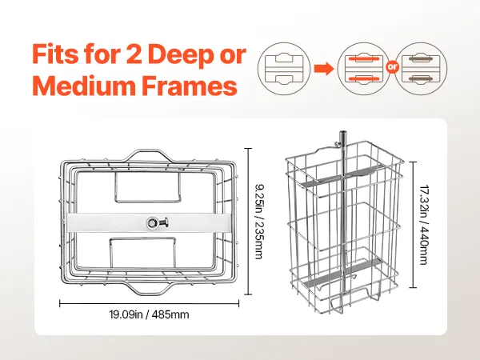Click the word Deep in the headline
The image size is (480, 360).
[x=182, y=54]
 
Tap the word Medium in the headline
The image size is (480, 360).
[x=83, y=86]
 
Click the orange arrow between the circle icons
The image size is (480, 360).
[x=324, y=68]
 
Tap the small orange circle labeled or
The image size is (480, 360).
[x=392, y=68]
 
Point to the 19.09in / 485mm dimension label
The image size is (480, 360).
[x=149, y=314]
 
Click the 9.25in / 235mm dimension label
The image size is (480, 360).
[x=259, y=222]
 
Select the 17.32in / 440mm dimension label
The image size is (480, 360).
[x=424, y=224]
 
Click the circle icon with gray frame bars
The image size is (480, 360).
[x=421, y=68]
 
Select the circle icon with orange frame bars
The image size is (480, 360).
[x=364, y=68]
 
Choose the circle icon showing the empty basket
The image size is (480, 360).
[x=284, y=68]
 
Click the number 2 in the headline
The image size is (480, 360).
[x=134, y=55]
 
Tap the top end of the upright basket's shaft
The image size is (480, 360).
[x=342, y=132]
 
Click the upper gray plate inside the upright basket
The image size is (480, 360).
[x=339, y=176]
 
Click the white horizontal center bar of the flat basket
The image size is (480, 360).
[x=149, y=222]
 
